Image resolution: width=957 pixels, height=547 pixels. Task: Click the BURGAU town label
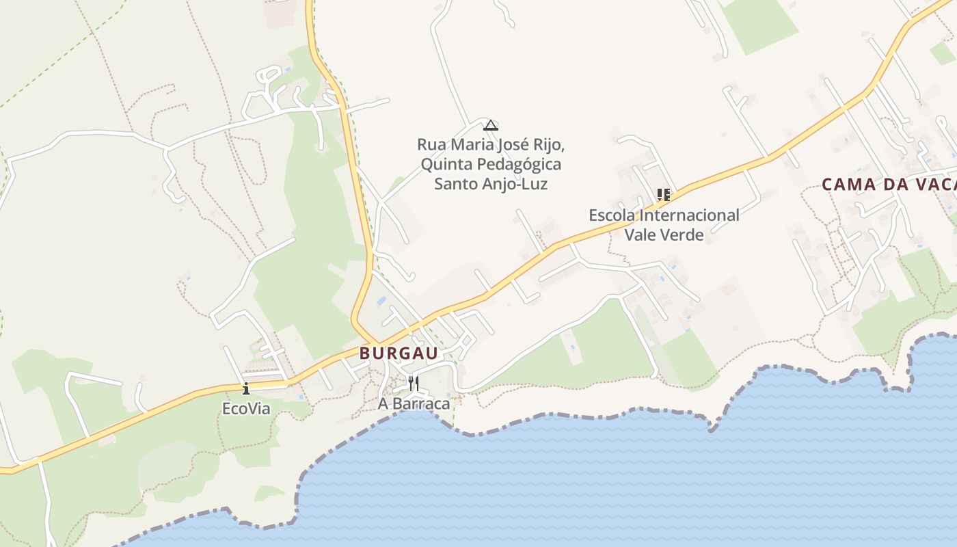click(399, 353)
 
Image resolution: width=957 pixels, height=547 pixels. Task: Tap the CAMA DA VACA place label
click(889, 185)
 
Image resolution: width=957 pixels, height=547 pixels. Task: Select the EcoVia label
click(246, 409)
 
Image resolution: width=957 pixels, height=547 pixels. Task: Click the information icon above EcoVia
click(246, 389)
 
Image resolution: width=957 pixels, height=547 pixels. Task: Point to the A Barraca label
click(414, 404)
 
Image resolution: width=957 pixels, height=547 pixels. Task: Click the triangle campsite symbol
click(490, 125)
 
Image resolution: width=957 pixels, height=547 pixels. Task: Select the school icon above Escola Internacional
click(664, 195)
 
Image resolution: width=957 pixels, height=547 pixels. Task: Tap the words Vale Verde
click(664, 235)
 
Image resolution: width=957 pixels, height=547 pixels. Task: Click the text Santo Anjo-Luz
click(491, 184)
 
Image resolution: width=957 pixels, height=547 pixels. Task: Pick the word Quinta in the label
click(441, 165)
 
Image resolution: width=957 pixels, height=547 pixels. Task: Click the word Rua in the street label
click(431, 146)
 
